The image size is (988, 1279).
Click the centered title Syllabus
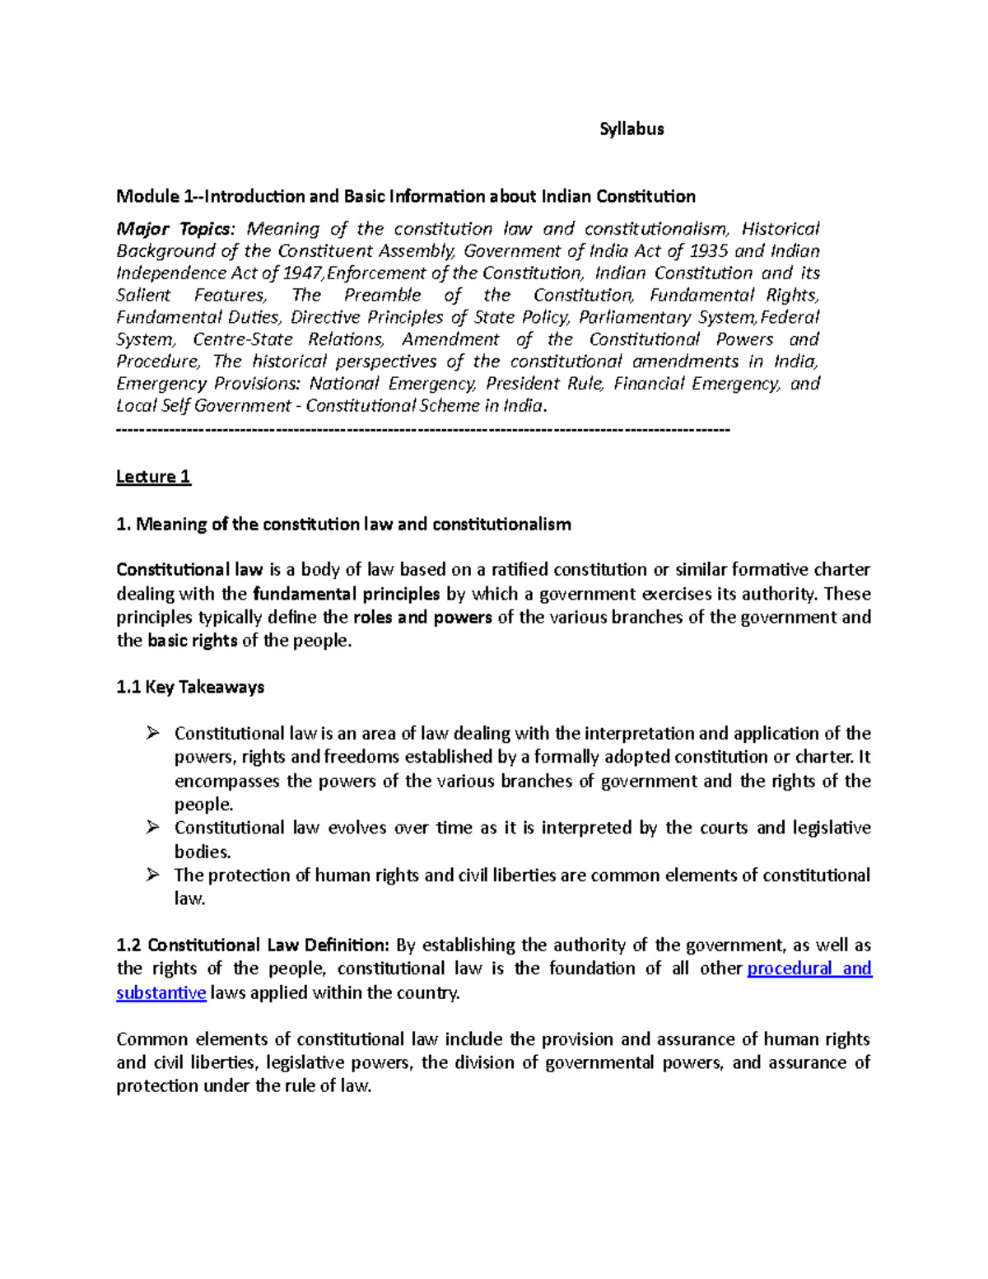pos(631,129)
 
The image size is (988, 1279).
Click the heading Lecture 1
pos(153,477)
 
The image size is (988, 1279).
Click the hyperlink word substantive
pos(161,993)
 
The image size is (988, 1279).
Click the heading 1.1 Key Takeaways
pos(190,688)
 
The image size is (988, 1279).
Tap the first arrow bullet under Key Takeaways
pos(152,733)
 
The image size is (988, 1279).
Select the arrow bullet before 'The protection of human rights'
pos(152,875)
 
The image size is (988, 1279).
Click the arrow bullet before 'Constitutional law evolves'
pos(152,828)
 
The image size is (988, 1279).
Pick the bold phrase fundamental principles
pos(347,595)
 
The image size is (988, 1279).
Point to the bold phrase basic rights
pos(192,642)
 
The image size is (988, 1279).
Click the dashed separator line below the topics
pos(423,429)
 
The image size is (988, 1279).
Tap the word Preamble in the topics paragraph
pos(383,296)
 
